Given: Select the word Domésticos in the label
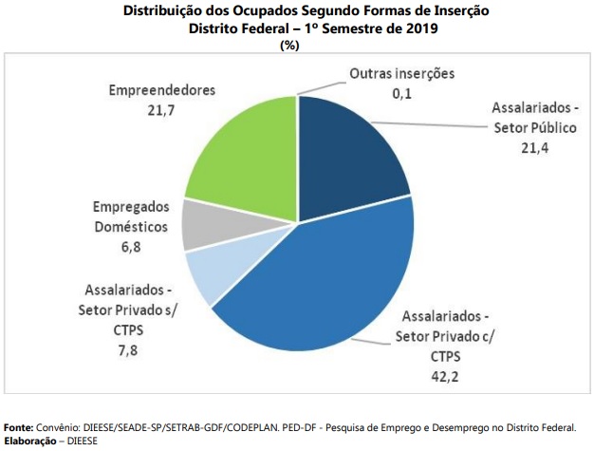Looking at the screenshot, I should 131,227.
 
